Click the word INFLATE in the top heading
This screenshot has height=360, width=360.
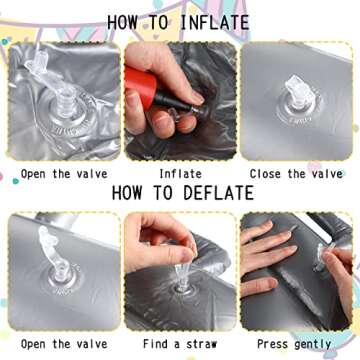point(215,23)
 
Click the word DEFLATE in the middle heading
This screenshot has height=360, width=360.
point(219,193)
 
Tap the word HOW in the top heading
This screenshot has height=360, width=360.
point(122,23)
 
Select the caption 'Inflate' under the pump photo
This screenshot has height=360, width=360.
point(180,174)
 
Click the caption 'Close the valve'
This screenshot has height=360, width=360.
point(296,174)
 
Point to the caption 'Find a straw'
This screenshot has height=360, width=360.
point(180,344)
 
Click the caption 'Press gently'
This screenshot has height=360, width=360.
point(294,344)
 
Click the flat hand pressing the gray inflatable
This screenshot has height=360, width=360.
point(267,258)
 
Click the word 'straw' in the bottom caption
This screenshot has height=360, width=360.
point(202,344)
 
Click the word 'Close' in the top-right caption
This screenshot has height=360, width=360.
point(265,174)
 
